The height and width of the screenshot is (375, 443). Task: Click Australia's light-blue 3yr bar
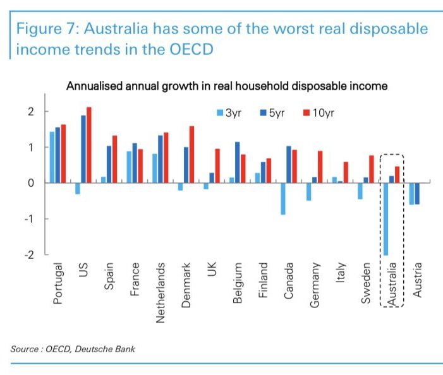pyautogui.click(x=385, y=218)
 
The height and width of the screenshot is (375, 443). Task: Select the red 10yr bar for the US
pyautogui.click(x=89, y=145)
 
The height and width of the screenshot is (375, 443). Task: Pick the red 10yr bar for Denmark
pyautogui.click(x=191, y=155)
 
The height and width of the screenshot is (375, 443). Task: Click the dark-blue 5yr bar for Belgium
pyautogui.click(x=237, y=162)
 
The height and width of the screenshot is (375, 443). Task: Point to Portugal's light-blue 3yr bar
pyautogui.click(x=52, y=157)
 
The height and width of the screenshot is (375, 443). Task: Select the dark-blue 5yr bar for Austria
pyautogui.click(x=416, y=193)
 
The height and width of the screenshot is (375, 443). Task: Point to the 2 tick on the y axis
pyautogui.click(x=30, y=112)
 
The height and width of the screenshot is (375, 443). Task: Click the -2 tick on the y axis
pyautogui.click(x=28, y=254)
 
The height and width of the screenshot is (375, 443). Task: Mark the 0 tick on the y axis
pyautogui.click(x=30, y=183)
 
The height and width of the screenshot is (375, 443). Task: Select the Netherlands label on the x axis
pyautogui.click(x=161, y=293)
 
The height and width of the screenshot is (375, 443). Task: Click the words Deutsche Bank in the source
pyautogui.click(x=112, y=348)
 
